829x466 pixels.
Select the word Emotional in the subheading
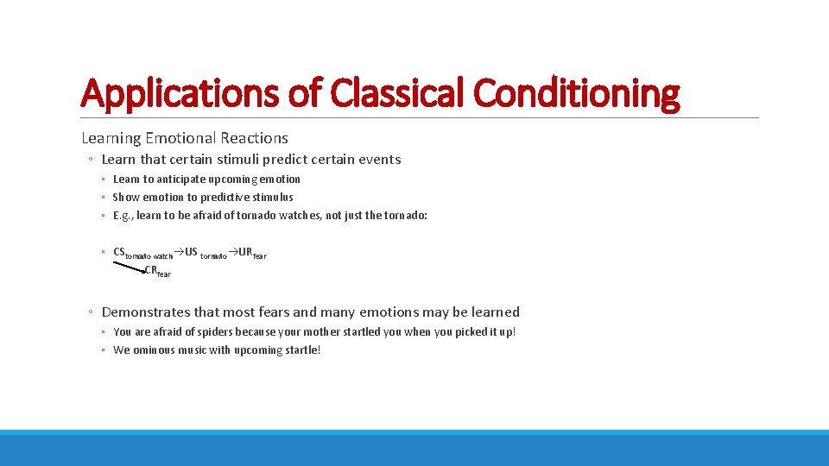click(x=181, y=138)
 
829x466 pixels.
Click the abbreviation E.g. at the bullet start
click(x=123, y=215)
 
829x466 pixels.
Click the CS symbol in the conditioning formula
click(x=119, y=252)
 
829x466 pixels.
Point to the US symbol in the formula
click(x=191, y=252)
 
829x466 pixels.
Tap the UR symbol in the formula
click(x=245, y=252)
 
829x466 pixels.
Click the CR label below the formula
click(x=150, y=270)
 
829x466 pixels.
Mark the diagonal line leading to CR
click(x=128, y=266)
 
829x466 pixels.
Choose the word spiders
click(x=207, y=332)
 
